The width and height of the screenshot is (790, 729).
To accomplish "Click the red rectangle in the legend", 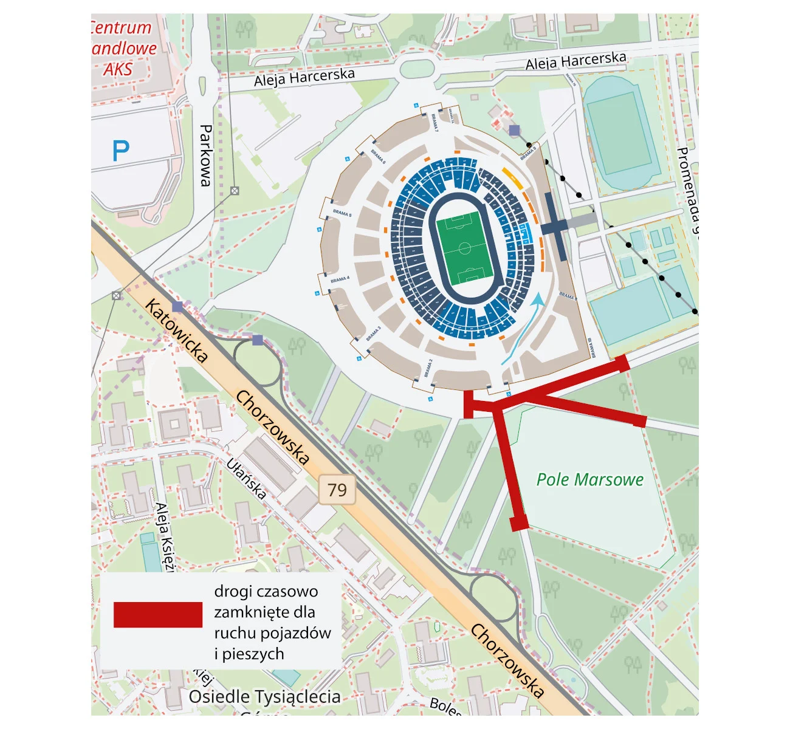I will pos(158,614).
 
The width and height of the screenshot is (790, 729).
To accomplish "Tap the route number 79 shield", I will pos(337,490).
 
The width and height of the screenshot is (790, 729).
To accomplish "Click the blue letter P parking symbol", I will pos(121,151).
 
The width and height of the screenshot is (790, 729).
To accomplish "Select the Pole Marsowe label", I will pos(589,480).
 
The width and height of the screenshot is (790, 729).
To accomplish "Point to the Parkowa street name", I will pos(206,156).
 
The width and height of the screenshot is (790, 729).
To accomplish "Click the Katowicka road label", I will pos(176,331).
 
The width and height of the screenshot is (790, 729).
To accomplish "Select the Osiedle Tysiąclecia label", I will pos(264,697).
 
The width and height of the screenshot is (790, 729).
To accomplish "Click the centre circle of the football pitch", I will pos(465,248).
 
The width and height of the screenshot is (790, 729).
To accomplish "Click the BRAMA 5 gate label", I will pos(342,213).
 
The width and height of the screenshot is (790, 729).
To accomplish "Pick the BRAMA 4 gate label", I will pos(340,279).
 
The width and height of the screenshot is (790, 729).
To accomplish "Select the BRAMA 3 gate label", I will pos(374,334).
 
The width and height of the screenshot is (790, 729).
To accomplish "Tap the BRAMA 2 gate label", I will pos(429,368).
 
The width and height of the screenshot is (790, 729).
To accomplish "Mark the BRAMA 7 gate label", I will pos(434,122).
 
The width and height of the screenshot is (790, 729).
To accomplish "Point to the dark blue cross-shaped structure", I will pos(554,226).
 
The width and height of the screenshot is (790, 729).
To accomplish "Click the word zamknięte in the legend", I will pos(264,612).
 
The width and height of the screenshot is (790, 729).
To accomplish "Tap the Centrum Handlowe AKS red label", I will pos(122,49).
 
